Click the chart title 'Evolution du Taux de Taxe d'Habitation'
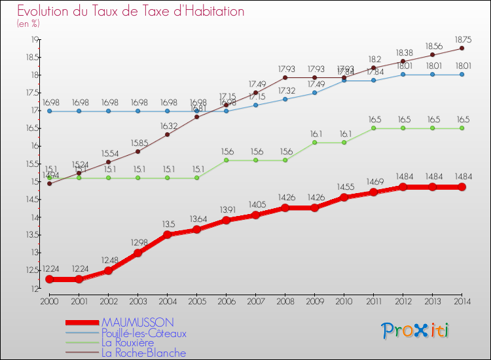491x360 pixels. pyautogui.click(x=131, y=12)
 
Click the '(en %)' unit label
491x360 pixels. pyautogui.click(x=29, y=24)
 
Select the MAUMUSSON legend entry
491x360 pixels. pyautogui.click(x=137, y=322)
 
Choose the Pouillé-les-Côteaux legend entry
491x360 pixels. pyautogui.click(x=143, y=333)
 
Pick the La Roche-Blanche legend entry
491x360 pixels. pyautogui.click(x=143, y=353)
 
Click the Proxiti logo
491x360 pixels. pyautogui.click(x=415, y=330)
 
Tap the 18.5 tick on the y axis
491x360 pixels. pyautogui.click(x=32, y=57)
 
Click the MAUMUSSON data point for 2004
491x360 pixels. pyautogui.click(x=167, y=235)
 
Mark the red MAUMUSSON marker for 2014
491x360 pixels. pyautogui.click(x=462, y=187)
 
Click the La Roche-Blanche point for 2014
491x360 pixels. pyautogui.click(x=462, y=48)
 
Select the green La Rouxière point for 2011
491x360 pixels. pyautogui.click(x=373, y=128)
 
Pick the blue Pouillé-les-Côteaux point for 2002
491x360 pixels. pyautogui.click(x=108, y=111)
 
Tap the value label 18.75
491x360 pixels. pyautogui.click(x=462, y=39)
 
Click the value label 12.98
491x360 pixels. pyautogui.click(x=137, y=243)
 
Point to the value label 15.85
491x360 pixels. pyautogui.click(x=137, y=142)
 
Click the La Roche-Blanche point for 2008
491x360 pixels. pyautogui.click(x=285, y=77)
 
